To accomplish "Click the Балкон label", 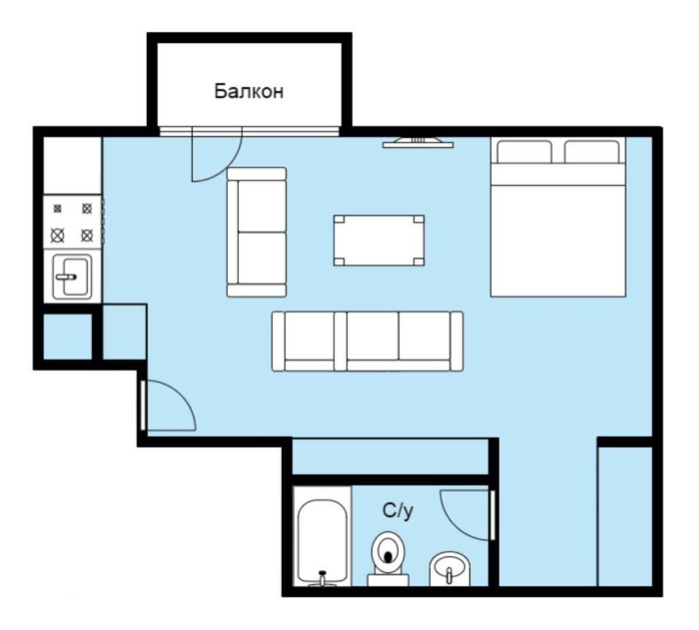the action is click(248, 91).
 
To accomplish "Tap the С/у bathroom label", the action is click(397, 511).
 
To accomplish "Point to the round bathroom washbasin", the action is click(450, 569).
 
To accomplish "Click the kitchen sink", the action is click(72, 276).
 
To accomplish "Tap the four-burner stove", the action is click(73, 221).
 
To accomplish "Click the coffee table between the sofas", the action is click(379, 240).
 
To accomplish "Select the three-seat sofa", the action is click(368, 341).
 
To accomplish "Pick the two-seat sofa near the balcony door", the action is click(257, 232).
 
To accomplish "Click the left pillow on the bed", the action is click(524, 152).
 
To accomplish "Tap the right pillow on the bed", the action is click(592, 152).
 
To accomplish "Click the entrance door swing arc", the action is click(183, 395).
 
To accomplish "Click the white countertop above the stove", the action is click(73, 165).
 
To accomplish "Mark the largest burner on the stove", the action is click(57, 235).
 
